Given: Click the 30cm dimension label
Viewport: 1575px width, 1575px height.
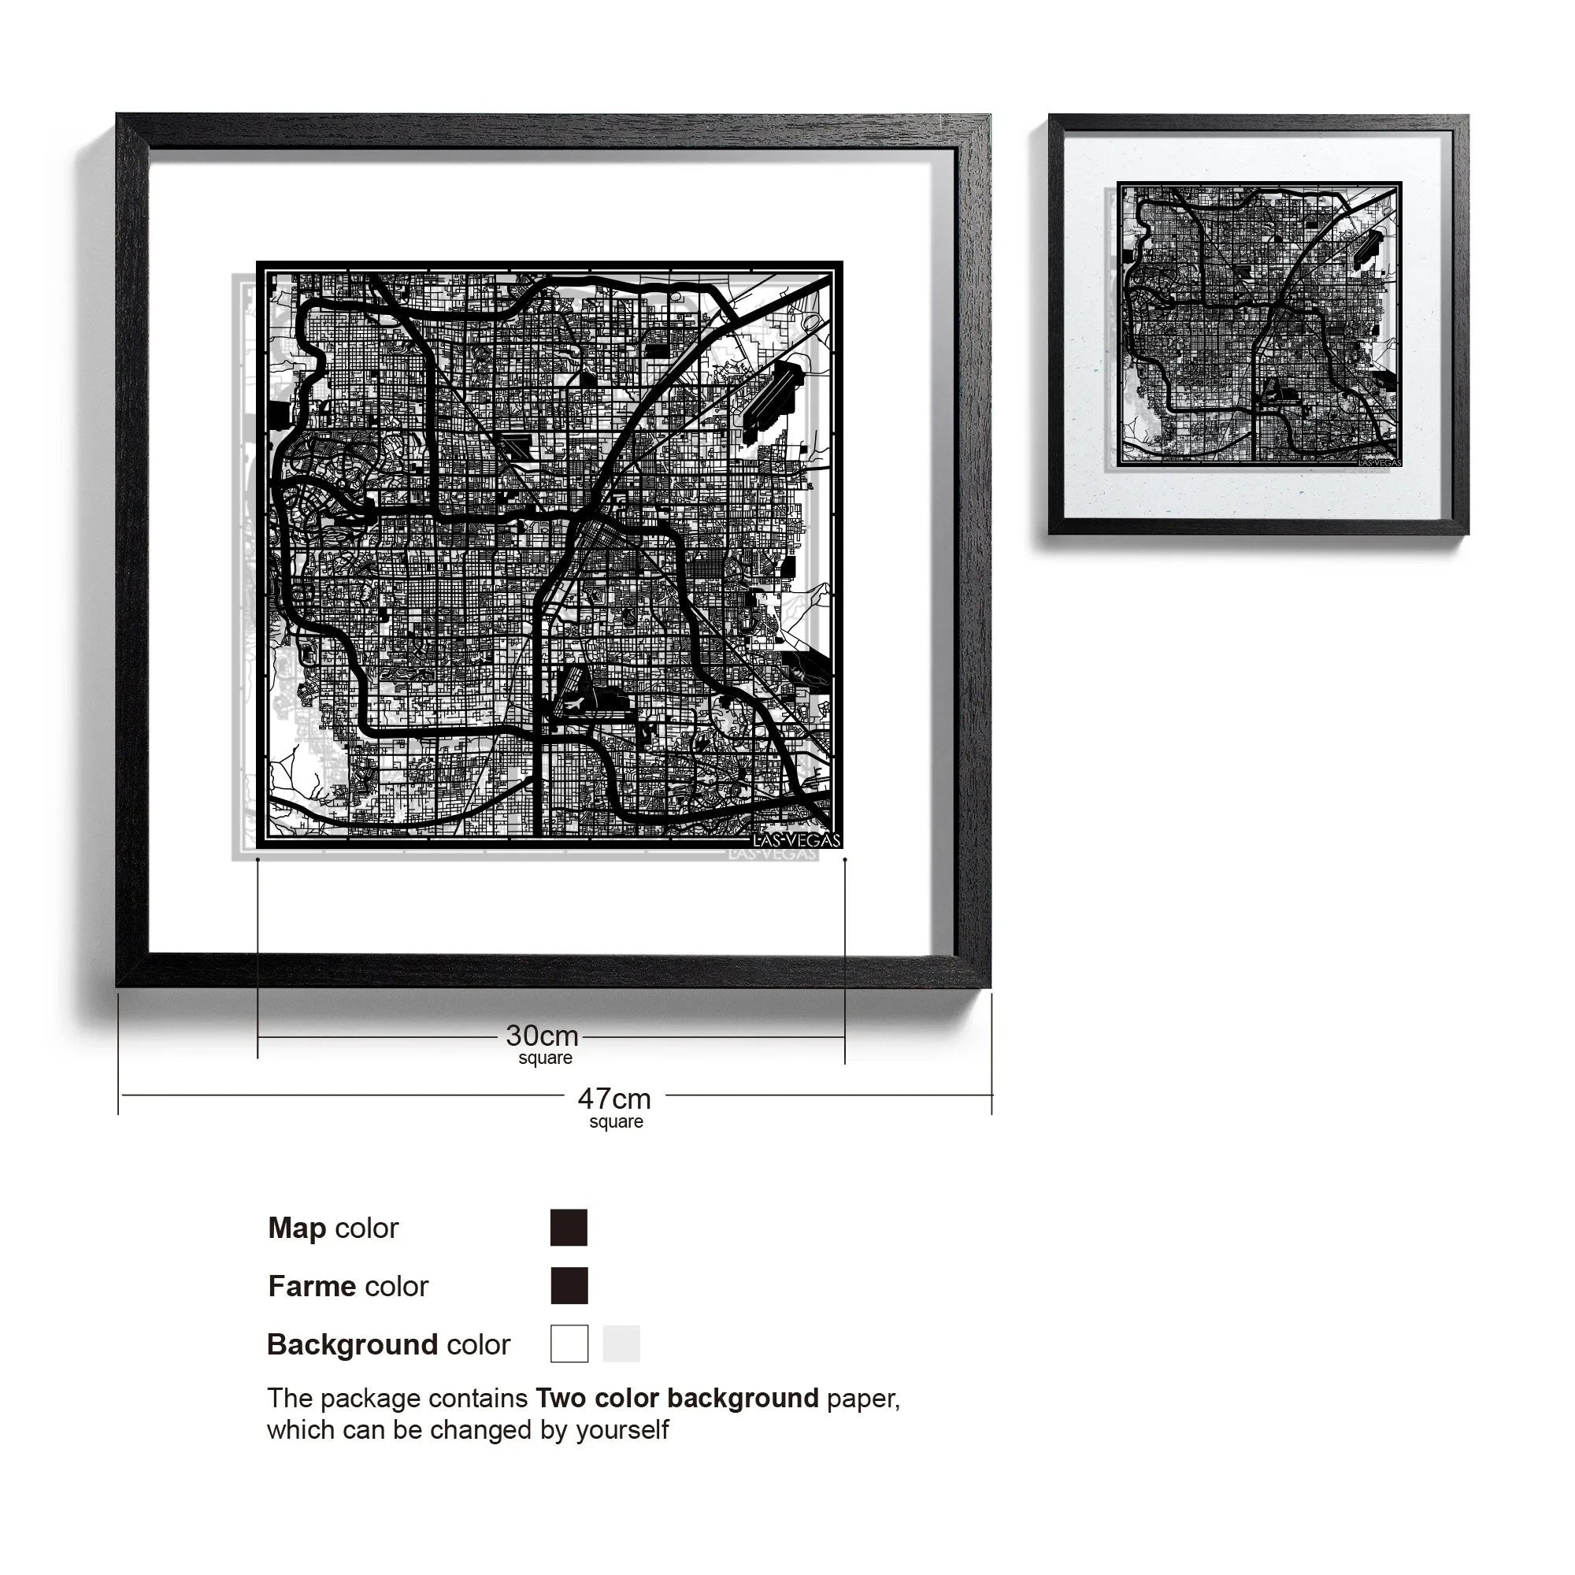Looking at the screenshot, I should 542,1036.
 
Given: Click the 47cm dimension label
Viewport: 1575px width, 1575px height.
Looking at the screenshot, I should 614,1099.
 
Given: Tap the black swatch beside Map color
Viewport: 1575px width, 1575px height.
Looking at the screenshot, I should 569,1228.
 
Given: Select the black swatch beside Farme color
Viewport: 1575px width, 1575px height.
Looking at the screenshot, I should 569,1286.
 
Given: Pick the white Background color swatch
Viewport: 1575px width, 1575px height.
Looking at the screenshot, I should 569,1343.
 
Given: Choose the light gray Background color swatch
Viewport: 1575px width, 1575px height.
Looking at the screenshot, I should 621,1343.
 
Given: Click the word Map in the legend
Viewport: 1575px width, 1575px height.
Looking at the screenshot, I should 297,1228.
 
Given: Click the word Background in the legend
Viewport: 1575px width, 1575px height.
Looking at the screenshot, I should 352,1344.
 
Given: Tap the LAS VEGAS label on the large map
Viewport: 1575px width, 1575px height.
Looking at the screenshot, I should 795,839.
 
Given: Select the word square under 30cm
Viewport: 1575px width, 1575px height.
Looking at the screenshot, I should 546,1058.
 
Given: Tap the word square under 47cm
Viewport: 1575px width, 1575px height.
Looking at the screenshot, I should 617,1121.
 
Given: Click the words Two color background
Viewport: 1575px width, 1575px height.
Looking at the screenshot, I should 676,1398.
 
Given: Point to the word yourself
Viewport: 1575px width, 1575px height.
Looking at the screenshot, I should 622,1430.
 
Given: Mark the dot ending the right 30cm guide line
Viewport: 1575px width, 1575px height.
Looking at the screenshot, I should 844,859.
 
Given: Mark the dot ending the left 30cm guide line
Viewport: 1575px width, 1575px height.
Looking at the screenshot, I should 258,859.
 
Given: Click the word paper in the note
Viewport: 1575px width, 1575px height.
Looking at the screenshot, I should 862,1399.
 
